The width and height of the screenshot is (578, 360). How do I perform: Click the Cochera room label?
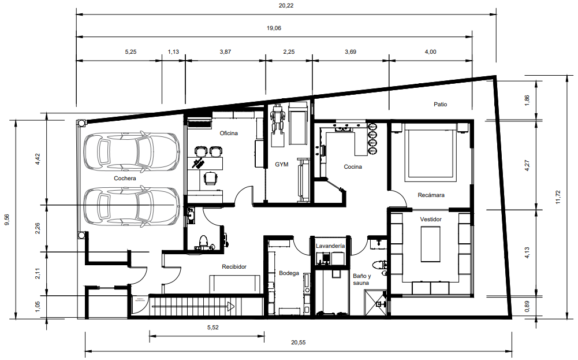(x=125, y=178)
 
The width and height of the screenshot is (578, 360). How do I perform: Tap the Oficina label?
(x=229, y=133)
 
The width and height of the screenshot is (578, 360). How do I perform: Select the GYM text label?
(x=282, y=165)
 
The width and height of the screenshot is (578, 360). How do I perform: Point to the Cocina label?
(x=353, y=167)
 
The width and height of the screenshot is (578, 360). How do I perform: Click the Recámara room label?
(x=431, y=195)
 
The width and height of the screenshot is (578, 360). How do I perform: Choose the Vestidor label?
(x=431, y=219)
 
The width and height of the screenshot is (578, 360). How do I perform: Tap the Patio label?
(x=440, y=105)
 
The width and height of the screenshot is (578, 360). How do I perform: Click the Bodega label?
(x=289, y=273)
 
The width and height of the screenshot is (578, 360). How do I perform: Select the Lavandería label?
(x=330, y=246)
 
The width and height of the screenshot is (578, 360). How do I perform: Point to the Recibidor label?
(x=234, y=267)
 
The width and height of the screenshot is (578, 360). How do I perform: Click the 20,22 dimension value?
(x=286, y=6)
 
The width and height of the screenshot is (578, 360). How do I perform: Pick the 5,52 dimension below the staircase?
(x=212, y=327)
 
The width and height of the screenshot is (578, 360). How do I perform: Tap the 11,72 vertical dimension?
(x=558, y=197)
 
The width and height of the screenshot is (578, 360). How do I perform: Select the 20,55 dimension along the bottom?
(x=298, y=342)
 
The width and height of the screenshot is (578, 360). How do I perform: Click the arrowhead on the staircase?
(x=231, y=306)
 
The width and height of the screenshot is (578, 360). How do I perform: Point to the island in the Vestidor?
(x=431, y=244)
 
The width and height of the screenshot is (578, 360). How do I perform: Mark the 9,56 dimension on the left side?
(x=7, y=220)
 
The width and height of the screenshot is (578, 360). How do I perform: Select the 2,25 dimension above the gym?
(x=289, y=51)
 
